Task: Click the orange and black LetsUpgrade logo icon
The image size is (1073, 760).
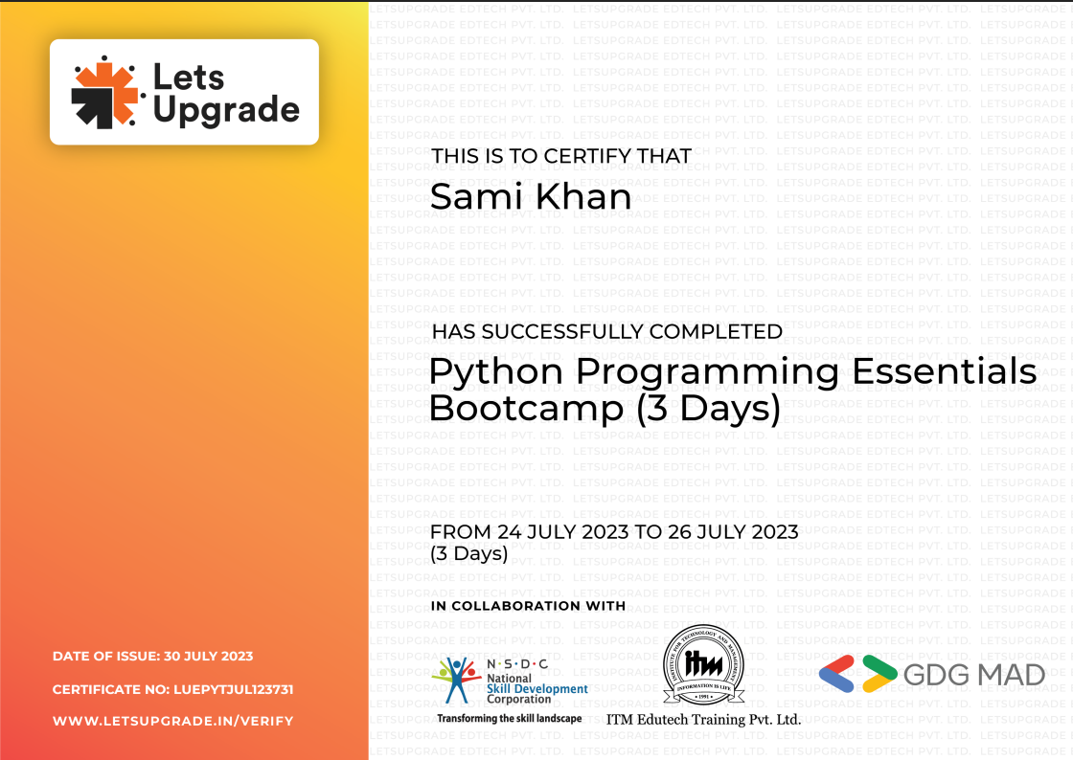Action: point(105,92)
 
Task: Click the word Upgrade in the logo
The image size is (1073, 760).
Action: point(226,111)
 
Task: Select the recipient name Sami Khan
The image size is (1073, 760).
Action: point(531,197)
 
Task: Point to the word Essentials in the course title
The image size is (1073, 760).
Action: point(933,370)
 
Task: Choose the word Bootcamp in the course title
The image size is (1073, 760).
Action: point(526,409)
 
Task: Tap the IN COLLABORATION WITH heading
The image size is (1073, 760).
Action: point(528,606)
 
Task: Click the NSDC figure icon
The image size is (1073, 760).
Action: point(456,679)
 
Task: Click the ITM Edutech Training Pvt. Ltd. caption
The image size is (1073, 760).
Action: point(703,719)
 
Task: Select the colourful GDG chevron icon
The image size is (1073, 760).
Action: point(857,674)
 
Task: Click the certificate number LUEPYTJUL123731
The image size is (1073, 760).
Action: point(233,689)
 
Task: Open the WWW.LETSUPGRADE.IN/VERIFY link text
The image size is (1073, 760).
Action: point(172,721)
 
